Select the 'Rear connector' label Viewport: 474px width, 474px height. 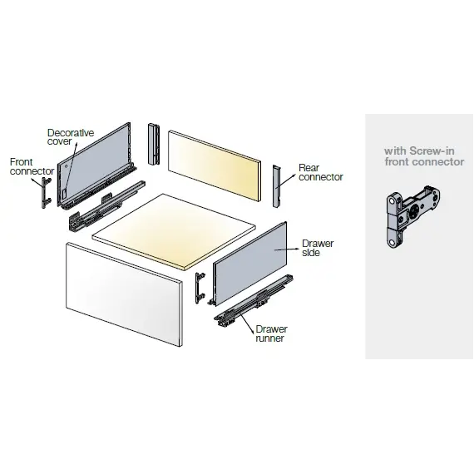coord(320,172)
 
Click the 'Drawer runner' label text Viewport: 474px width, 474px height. coord(272,334)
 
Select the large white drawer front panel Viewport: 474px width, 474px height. coord(123,293)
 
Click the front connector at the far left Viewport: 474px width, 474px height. coord(41,193)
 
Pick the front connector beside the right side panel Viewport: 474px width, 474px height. coord(199,286)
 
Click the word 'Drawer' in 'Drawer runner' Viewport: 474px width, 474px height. coord(272,329)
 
